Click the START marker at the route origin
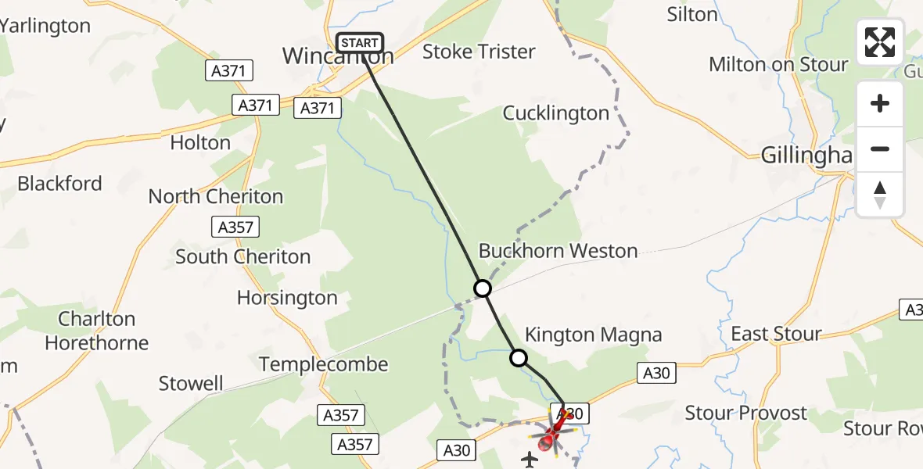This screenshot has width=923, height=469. point(359,43)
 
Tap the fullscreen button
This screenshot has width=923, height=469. point(880,42)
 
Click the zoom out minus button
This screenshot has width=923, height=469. point(880,149)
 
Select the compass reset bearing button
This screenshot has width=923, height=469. point(880,195)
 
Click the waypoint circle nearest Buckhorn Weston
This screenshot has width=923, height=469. point(483,288)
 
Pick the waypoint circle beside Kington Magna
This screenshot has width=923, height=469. point(519,358)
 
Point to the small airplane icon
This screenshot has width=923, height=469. point(530,460)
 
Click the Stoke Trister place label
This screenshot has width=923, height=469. point(479,52)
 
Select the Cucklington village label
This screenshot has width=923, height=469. point(555,113)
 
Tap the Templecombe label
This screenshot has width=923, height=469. point(323,364)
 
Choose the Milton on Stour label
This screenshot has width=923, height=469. point(778,65)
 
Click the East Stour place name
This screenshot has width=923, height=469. point(776,335)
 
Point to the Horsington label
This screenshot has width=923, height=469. point(287,298)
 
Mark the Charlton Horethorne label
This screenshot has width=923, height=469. point(97,331)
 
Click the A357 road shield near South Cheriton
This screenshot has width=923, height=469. point(235,227)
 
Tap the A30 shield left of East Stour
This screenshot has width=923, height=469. point(655,374)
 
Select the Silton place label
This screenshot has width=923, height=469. point(692,15)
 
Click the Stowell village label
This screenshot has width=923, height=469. point(191,384)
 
